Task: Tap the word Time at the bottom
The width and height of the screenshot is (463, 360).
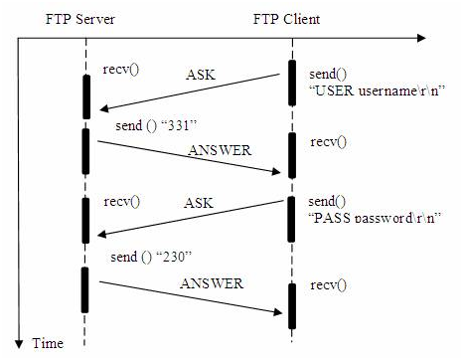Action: [48, 344]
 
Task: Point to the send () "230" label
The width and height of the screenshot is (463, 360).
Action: [142, 258]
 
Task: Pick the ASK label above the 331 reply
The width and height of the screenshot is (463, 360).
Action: [203, 75]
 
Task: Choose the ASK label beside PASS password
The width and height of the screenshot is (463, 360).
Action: [199, 203]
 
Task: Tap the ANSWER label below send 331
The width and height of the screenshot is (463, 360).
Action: [218, 152]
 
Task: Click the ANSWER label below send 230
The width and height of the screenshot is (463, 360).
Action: [212, 283]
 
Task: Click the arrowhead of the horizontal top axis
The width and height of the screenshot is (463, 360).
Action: [421, 39]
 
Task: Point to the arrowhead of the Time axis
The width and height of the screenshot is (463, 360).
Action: [20, 334]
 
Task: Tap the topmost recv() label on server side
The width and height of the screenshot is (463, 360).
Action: [119, 69]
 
